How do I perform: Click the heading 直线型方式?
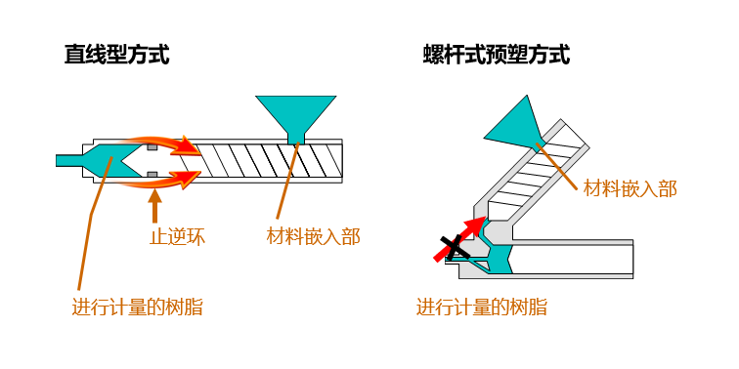point(117,55)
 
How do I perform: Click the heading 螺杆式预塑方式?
point(497,55)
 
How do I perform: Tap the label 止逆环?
point(177,237)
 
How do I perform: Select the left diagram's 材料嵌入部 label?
point(314,236)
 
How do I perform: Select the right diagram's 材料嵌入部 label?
point(630,188)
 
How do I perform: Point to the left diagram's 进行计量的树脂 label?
point(138,307)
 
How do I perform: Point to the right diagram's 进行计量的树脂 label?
point(482,307)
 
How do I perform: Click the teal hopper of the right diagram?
point(514,122)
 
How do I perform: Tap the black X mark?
point(455,248)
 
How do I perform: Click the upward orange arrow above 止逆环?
point(154,204)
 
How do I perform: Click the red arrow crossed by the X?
point(459,239)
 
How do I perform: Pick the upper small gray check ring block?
point(152,147)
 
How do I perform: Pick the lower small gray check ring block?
point(152,175)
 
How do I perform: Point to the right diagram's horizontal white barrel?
point(573,260)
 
